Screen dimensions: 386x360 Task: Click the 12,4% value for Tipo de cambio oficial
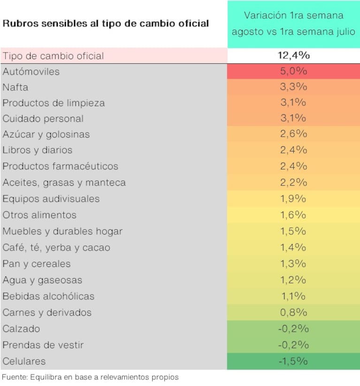(293, 56)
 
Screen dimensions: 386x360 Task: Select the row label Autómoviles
(31, 72)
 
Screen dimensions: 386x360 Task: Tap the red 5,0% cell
(293, 72)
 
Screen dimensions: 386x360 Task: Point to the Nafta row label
(15, 87)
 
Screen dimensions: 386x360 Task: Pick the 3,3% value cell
(293, 87)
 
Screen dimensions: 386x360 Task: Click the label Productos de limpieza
(54, 103)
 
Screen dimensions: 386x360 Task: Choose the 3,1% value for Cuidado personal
(293, 118)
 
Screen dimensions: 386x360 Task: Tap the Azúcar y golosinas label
(46, 134)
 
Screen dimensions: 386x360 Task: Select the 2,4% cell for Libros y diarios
(293, 150)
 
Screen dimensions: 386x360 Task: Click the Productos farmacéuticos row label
(60, 166)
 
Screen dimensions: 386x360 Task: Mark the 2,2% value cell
(293, 182)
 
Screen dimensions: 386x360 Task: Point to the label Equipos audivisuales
(51, 198)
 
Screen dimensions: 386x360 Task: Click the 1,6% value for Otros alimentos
(293, 215)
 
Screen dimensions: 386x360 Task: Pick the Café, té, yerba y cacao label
(56, 247)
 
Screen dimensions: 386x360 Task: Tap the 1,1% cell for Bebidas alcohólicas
(293, 296)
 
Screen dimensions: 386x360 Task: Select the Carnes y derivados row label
(47, 312)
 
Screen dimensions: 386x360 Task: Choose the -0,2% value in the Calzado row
(293, 329)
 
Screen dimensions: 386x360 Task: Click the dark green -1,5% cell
(293, 361)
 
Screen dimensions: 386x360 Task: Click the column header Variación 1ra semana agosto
(293, 23)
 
